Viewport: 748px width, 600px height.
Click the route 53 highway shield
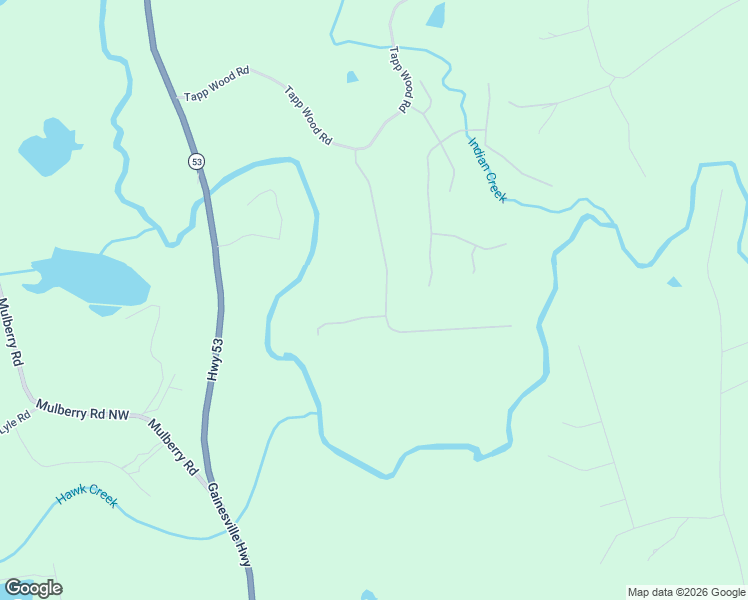pos(196,161)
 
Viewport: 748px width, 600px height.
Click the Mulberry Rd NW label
pos(83,410)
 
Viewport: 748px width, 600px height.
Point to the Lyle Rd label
pos(13,424)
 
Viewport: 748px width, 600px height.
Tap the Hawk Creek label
pos(86,494)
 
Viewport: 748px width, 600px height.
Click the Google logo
pos(33,588)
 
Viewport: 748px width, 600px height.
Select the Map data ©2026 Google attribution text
pos(686,592)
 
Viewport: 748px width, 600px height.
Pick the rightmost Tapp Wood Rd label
pos(401,78)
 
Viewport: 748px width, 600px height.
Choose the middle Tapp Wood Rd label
pos(307,116)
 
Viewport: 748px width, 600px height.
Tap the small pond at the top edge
pos(436,15)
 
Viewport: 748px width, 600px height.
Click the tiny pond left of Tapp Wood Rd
pos(351,77)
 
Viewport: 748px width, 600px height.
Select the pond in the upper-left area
pos(47,148)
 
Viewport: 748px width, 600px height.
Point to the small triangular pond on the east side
pos(674,282)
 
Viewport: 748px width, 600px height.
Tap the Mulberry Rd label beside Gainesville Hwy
pos(173,447)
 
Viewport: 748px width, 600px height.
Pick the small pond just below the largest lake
pos(105,310)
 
